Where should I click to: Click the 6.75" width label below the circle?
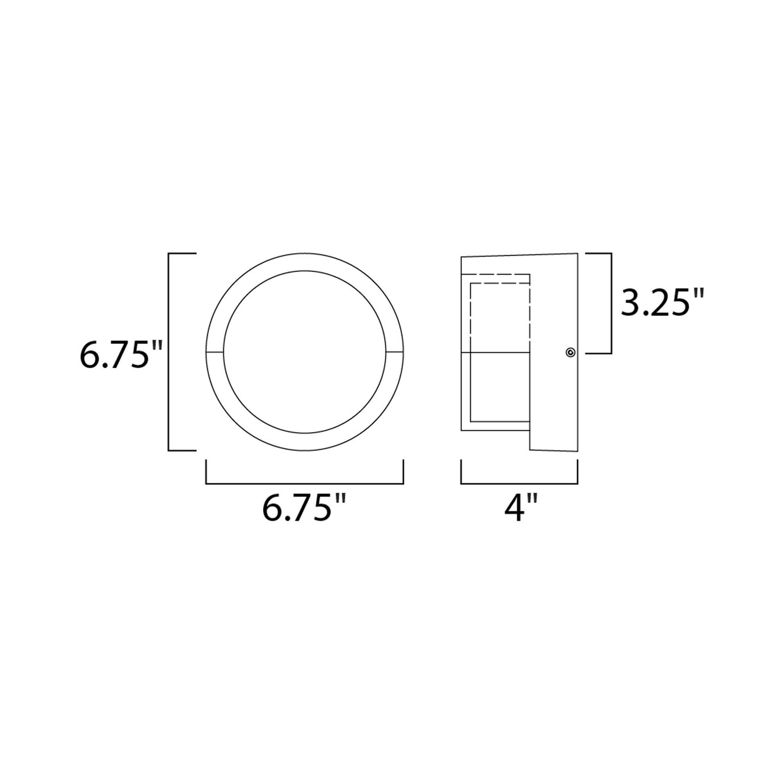[x=304, y=508]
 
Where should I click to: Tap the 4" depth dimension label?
[x=519, y=508]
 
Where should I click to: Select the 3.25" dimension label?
[x=662, y=304]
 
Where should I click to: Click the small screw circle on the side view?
[x=570, y=353]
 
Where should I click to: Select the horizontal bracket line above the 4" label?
[x=519, y=482]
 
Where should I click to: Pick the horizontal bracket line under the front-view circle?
[x=304, y=482]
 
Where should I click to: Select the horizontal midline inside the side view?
[x=495, y=353]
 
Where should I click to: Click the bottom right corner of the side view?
[x=577, y=450]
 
